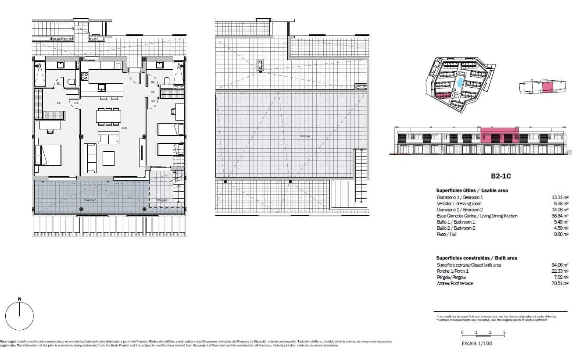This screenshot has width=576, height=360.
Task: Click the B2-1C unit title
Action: click(501, 176)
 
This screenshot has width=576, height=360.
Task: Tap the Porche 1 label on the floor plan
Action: click(90, 200)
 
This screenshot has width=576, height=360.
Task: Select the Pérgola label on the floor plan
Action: click(162, 200)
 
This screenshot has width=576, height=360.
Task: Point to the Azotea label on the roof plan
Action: click(305, 136)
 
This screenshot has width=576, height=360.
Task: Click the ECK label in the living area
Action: click(124, 128)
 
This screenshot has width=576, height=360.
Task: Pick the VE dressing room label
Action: click(58, 103)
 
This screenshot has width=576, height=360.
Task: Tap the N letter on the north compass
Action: click(19, 299)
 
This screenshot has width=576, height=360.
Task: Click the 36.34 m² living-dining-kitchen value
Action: click(560, 216)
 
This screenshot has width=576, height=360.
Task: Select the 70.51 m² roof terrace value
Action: click(560, 283)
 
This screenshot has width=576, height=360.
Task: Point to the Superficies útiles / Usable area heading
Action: click(472, 190)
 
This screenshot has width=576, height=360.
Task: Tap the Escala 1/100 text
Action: click(477, 343)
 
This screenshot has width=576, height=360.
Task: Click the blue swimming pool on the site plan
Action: click(460, 82)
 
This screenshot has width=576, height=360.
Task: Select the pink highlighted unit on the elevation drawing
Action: click(499, 135)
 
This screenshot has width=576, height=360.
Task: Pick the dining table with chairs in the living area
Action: click(108, 116)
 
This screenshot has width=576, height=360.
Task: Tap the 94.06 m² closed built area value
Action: click(560, 265)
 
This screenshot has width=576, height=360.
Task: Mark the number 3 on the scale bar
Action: click(504, 332)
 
